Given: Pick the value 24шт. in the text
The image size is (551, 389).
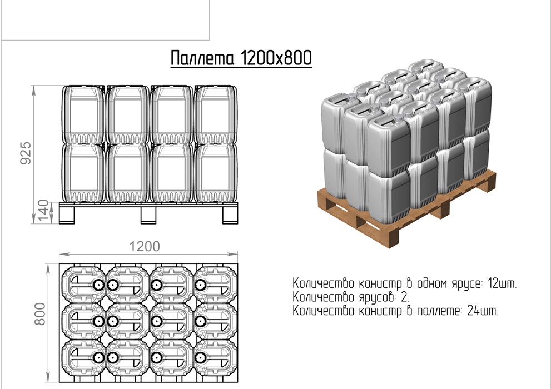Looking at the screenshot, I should coord(483,310).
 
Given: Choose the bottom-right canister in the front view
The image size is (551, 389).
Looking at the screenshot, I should coord(216,173).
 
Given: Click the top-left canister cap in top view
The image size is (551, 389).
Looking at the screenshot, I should coord(98,285).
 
